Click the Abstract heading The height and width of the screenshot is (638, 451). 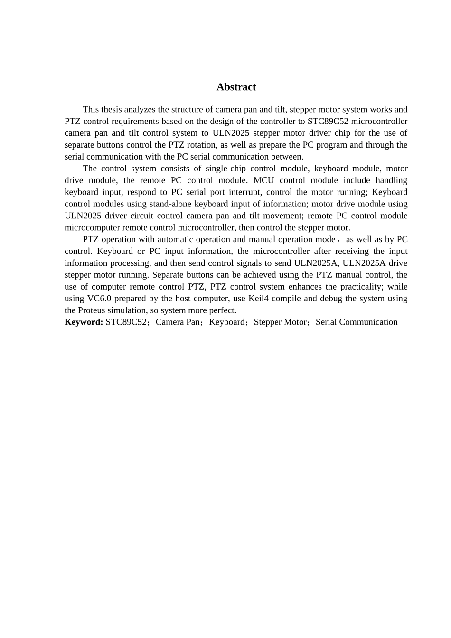236,87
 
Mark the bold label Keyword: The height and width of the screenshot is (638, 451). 84,322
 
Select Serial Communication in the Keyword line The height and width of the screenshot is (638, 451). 357,322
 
